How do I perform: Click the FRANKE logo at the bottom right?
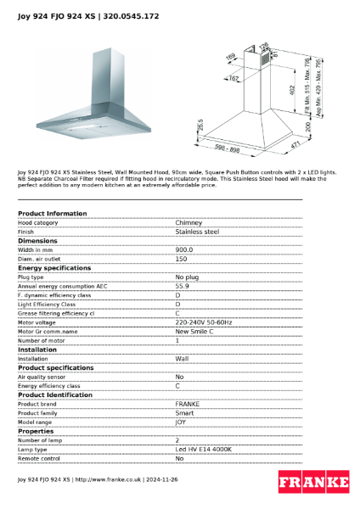click(313, 483)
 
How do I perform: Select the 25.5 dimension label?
click(200, 125)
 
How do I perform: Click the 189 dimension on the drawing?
click(229, 58)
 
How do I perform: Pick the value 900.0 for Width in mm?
click(184, 250)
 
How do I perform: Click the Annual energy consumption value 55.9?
click(182, 286)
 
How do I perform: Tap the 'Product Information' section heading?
click(52, 213)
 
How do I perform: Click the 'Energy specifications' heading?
click(54, 267)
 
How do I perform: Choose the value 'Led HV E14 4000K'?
click(203, 449)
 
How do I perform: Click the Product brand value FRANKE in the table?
click(187, 404)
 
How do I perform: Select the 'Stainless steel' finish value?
click(197, 231)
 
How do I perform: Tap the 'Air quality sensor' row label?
click(42, 377)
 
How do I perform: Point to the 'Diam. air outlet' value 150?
click(181, 259)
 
